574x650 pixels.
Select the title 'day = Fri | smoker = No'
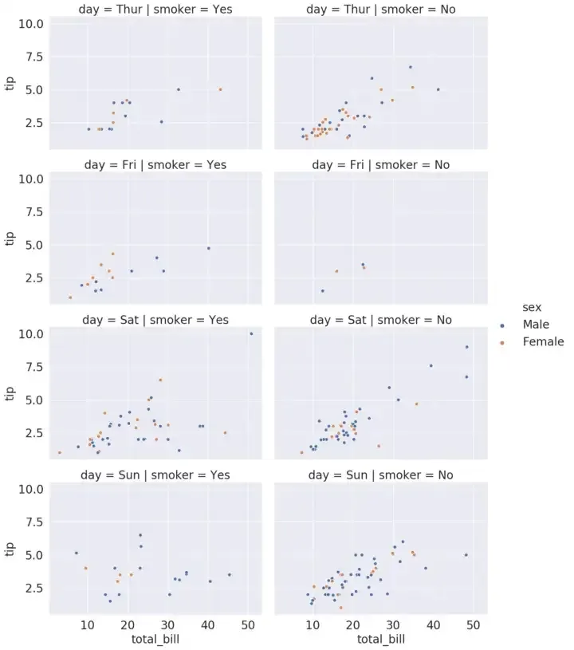[380, 165]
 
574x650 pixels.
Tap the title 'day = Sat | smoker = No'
[380, 320]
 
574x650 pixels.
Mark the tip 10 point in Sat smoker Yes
[251, 334]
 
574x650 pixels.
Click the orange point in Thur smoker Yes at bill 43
[220, 89]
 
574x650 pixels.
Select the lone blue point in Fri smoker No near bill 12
[323, 291]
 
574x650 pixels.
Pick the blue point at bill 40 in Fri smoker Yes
[209, 248]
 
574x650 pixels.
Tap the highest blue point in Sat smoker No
[466, 347]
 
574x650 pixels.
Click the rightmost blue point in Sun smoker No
[466, 555]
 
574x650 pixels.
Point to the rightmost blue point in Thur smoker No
[438, 89]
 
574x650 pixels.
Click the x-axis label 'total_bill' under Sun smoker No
[380, 639]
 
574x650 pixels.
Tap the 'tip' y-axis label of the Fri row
[10, 237]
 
